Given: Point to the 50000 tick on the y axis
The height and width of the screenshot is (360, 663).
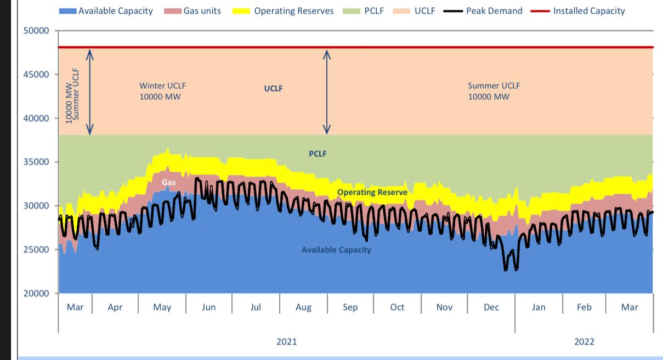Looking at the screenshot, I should point(37,31).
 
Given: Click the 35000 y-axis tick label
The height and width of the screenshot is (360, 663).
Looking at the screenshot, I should point(37,162).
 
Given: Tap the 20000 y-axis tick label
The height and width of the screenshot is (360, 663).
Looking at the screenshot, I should point(37,294).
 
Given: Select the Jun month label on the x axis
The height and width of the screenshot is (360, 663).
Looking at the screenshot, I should point(208,307).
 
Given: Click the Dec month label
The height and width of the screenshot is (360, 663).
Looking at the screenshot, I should point(491,307).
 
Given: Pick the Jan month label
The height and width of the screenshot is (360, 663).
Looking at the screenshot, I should point(539,307).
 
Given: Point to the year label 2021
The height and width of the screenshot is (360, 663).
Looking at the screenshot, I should point(286,342).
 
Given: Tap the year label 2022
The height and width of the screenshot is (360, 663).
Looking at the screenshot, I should point(584,342).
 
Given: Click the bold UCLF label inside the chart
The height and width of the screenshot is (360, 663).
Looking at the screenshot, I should point(273,88).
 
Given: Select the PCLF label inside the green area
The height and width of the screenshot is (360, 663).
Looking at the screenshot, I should point(318,154).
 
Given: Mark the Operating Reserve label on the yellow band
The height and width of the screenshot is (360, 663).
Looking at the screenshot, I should point(372,192).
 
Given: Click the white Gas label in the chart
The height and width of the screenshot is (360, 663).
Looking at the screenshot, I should point(169,182).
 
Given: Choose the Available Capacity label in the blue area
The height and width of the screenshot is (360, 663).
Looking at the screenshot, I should point(336,250).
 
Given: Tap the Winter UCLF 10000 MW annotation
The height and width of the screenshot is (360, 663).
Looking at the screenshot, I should point(159,91).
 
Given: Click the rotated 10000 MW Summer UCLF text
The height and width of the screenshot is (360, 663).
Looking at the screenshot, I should point(72,94).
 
